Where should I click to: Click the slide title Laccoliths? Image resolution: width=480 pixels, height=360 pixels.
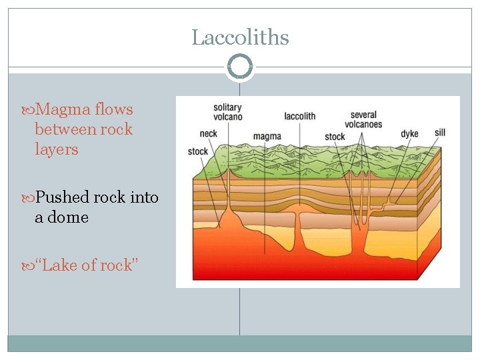pos(240,37)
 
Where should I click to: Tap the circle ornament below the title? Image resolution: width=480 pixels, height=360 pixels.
pos(240,67)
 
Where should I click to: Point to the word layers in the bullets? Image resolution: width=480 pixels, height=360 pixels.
pos(57,149)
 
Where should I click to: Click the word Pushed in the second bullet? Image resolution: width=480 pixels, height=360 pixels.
pos(63,197)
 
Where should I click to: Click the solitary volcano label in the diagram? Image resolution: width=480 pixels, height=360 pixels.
pos(228,112)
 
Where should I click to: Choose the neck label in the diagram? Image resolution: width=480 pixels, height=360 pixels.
pos(209,133)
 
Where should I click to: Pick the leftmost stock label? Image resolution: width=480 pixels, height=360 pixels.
pos(198,151)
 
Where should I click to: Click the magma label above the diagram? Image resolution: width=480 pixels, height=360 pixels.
pos(267,137)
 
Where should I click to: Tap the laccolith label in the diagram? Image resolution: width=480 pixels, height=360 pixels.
pos(299,116)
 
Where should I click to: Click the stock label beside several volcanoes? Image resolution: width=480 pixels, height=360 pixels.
pos(335,137)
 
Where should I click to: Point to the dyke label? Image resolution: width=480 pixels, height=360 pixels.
pos(409,134)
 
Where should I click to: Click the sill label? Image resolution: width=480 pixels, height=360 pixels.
pos(439,133)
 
